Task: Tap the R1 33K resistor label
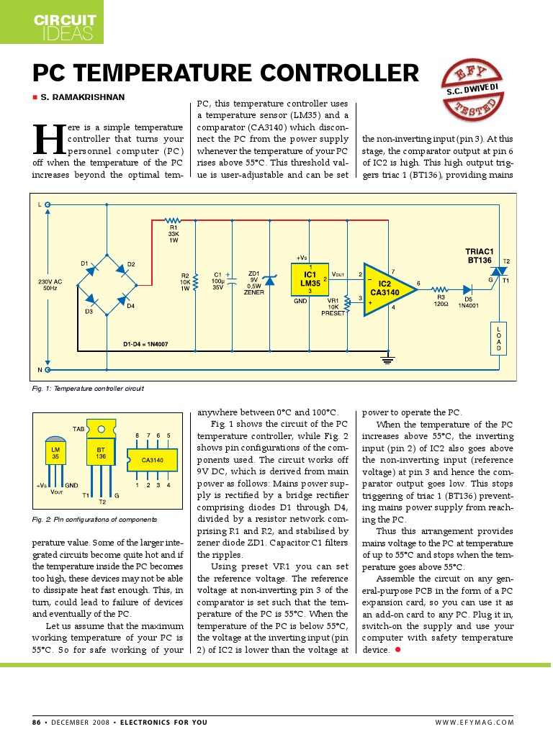click(173, 233)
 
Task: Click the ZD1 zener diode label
click(253, 283)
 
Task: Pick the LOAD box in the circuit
click(498, 338)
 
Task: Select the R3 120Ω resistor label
click(441, 300)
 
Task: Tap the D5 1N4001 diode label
click(468, 300)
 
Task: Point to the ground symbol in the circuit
click(387, 358)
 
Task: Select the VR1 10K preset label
click(333, 307)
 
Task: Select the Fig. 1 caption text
click(88, 389)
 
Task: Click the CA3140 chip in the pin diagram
click(152, 459)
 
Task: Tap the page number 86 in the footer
click(37, 722)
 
